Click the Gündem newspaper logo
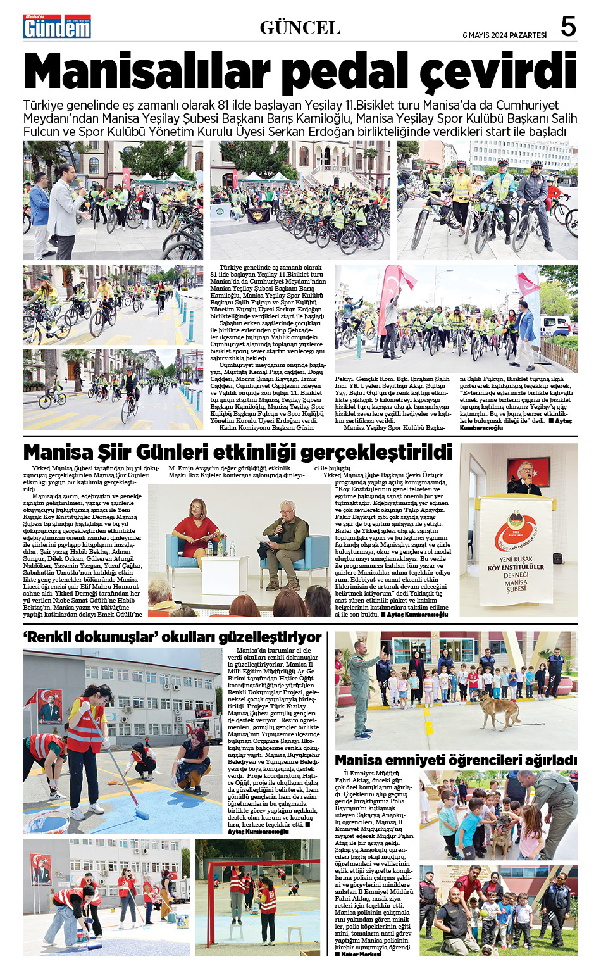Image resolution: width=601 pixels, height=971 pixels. [x=57, y=27]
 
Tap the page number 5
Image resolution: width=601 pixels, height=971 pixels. [x=568, y=27]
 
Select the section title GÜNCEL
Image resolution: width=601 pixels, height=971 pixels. [x=300, y=28]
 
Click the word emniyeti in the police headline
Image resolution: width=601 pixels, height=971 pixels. [x=429, y=760]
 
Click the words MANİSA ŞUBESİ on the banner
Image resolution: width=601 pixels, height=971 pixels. [x=516, y=586]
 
